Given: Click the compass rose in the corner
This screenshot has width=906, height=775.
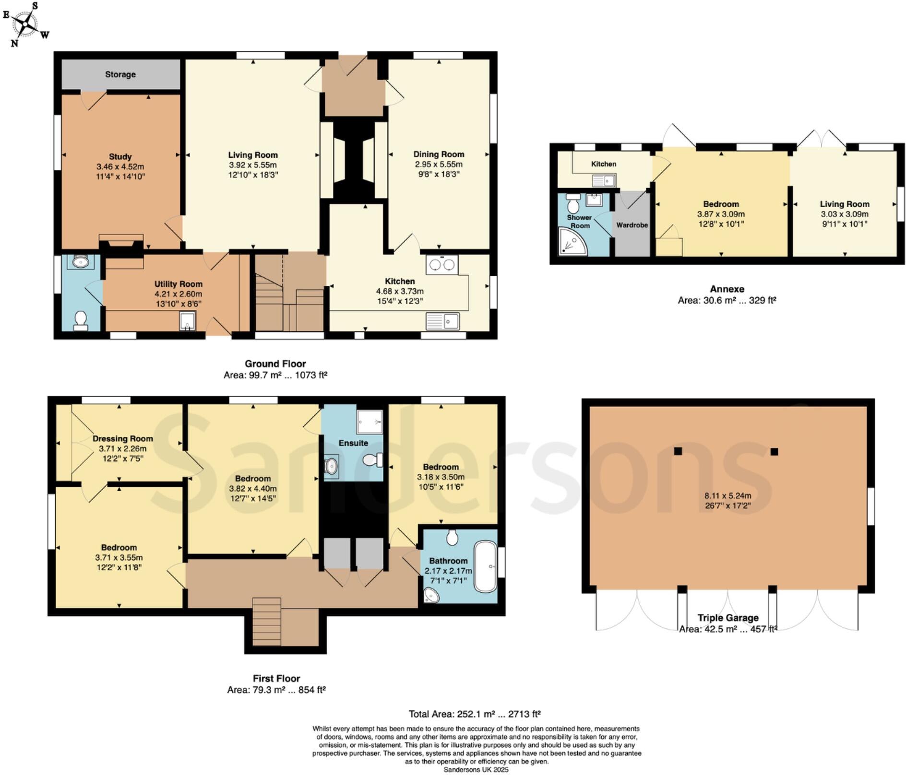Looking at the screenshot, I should point(25,24).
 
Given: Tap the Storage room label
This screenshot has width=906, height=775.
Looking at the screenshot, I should point(120,74).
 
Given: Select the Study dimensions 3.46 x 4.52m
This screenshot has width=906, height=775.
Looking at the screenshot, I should point(120,167).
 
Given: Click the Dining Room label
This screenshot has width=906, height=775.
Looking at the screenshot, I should point(439,154).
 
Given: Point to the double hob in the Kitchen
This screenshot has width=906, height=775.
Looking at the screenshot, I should point(442,265).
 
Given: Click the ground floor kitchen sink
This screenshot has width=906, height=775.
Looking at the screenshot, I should point(442,321).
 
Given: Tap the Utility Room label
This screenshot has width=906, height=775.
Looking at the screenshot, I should point(178,284).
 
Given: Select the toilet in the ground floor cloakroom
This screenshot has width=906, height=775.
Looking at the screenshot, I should point(81,320).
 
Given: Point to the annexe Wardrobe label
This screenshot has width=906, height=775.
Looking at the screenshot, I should point(632,225).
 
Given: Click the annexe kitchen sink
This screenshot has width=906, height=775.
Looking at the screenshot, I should point(604,181).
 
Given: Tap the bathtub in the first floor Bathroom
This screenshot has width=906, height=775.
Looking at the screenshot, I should point(485,566).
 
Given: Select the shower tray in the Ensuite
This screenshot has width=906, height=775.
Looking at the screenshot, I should point(370,422).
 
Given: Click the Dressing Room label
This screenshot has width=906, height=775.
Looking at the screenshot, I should point(122,438).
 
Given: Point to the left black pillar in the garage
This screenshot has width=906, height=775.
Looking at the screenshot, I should point(678,451).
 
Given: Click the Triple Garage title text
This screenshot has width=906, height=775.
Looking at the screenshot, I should point(728,618).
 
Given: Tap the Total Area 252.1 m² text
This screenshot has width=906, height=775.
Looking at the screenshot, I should point(475,714).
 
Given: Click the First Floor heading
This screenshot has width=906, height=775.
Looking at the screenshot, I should point(276,678).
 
